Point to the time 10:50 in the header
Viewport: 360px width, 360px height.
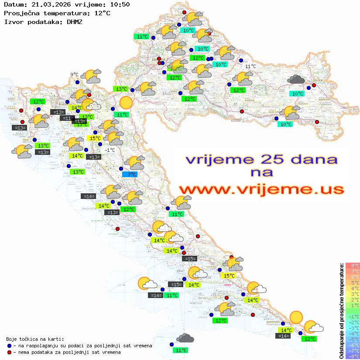click(120, 5)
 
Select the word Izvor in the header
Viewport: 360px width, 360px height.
click(13, 21)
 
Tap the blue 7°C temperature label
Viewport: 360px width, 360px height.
click(130, 175)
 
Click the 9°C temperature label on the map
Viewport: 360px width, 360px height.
click(74, 75)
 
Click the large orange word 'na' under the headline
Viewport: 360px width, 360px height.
click(261, 173)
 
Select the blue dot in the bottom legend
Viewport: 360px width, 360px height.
click(9, 346)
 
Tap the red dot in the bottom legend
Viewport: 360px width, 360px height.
click(9, 352)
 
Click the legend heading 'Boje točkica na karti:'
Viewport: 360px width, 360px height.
click(35, 339)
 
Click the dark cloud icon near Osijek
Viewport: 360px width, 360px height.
click(296, 79)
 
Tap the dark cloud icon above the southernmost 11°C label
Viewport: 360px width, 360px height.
click(185, 338)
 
